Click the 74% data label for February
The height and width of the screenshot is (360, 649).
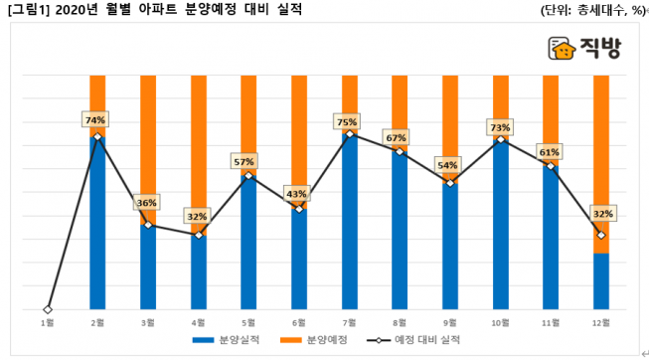click(x=96, y=120)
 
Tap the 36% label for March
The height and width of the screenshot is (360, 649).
click(x=147, y=203)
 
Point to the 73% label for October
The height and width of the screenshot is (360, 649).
click(x=500, y=127)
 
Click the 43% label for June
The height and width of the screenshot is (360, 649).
click(x=298, y=193)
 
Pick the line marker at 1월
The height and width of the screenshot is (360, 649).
click(x=47, y=309)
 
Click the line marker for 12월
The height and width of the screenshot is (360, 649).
click(x=601, y=235)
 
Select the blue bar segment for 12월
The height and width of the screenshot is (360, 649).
click(x=601, y=281)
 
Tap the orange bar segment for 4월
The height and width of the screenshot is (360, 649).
click(x=198, y=149)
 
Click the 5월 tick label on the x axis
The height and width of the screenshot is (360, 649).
click(x=247, y=322)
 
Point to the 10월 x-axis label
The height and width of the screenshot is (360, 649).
click(x=500, y=322)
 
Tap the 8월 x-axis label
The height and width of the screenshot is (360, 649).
click(x=400, y=322)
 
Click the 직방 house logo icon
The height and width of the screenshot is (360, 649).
click(x=562, y=49)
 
